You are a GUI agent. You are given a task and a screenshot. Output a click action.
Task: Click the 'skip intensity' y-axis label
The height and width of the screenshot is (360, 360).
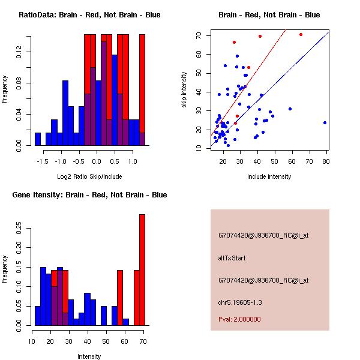click(x=185, y=90)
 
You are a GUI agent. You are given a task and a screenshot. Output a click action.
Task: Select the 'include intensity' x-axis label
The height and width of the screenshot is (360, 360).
click(x=269, y=176)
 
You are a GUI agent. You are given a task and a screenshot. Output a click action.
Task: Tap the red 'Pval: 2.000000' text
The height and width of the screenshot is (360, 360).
click(x=239, y=319)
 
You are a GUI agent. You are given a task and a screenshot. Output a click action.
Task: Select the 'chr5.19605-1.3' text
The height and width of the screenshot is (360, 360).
click(x=241, y=302)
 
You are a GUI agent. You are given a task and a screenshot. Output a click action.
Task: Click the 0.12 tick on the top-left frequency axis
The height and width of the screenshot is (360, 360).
click(x=20, y=53)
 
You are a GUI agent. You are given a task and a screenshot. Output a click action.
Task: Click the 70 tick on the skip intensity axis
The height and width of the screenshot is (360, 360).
click(x=199, y=35)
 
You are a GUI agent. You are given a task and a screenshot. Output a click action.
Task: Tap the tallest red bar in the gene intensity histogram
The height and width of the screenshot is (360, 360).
click(x=142, y=270)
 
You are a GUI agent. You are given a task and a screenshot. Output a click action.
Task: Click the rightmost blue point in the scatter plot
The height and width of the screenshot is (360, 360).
click(x=325, y=122)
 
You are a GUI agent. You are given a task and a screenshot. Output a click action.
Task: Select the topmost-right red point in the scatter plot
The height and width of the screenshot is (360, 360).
click(x=301, y=34)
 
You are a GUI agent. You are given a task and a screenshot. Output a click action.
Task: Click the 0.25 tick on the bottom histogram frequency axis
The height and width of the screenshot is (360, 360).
click(x=20, y=228)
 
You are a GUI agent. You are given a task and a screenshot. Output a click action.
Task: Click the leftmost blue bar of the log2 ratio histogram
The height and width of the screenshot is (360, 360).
click(x=38, y=139)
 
